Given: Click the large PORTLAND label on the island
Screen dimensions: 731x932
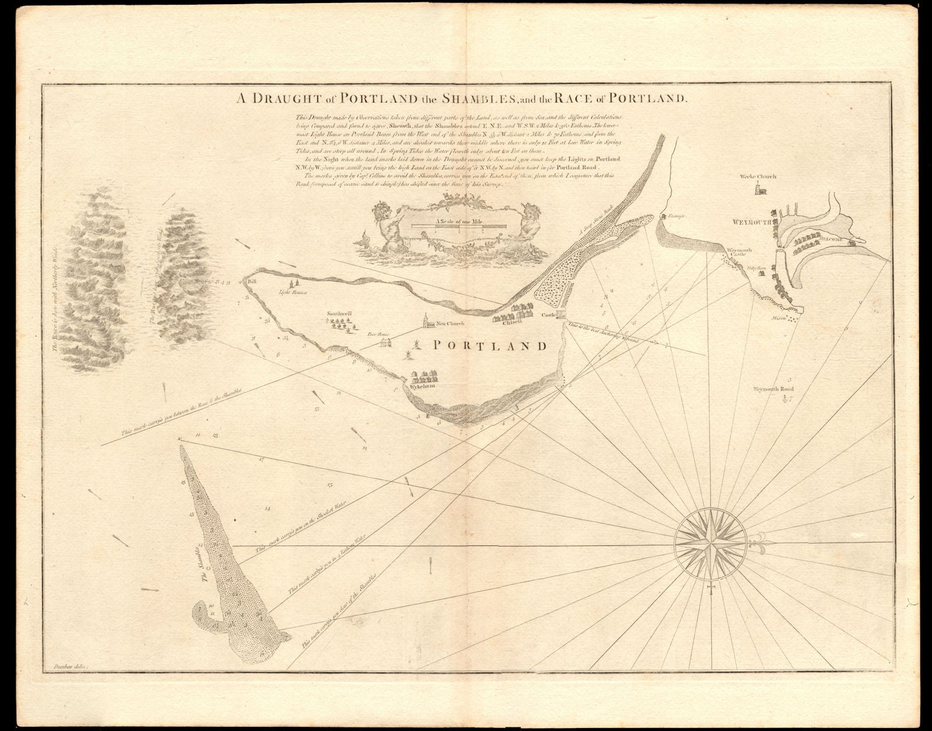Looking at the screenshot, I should click(x=489, y=346).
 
